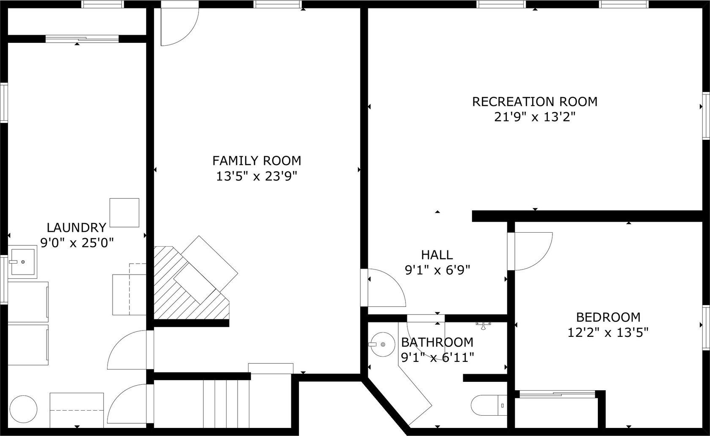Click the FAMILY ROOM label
pos(257,161)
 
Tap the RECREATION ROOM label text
pos(535,102)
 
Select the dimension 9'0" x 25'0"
pos(77,243)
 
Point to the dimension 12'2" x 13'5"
pos(608,333)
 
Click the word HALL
pos(437,255)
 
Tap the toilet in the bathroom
pos(489,405)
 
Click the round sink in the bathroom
pos(381,344)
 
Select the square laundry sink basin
pos(22,262)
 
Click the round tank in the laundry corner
pos(23,409)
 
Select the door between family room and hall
pos(383,288)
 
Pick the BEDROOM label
pos(608,317)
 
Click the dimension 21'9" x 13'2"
pos(535,117)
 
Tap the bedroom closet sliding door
pos(557,394)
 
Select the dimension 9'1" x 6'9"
pos(437,270)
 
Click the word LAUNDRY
pos(76,228)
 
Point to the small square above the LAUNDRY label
pos(124,213)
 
